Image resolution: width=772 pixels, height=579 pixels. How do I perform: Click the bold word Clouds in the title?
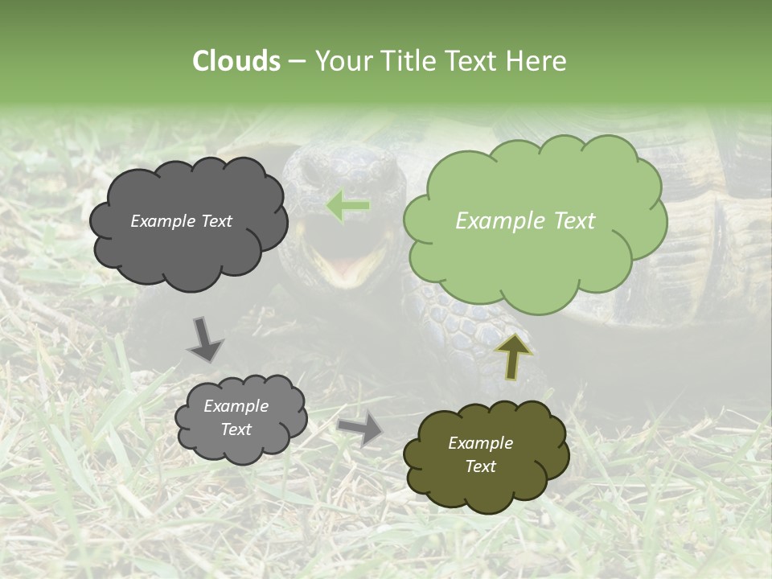236,61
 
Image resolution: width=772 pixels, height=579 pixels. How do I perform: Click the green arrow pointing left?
348,206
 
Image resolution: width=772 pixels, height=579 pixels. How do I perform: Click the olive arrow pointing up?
512,355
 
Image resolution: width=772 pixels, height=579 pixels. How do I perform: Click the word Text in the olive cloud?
480,466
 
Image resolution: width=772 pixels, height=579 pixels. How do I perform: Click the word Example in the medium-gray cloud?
236,407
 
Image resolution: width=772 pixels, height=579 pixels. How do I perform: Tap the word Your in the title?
341,61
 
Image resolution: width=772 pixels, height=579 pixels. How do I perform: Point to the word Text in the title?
472,61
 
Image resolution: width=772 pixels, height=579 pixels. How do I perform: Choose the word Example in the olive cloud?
480,443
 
